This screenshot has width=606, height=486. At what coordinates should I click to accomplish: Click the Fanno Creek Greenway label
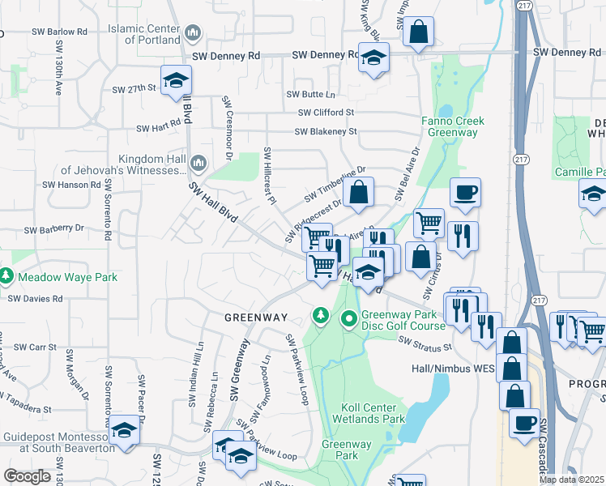point(452,126)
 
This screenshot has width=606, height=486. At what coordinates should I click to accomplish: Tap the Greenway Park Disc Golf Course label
point(403,320)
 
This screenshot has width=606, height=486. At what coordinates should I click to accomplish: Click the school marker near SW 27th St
point(175,80)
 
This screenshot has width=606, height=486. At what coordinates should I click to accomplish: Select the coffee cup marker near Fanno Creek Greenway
point(465,193)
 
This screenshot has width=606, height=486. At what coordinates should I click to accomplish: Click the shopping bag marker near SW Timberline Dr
point(358,193)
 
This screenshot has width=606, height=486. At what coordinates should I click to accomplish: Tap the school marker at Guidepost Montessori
point(124,430)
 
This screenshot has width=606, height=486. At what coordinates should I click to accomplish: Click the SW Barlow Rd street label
point(60,32)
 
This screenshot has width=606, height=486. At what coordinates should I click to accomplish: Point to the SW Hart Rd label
point(158,128)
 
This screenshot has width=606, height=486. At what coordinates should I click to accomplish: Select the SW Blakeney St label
point(326,131)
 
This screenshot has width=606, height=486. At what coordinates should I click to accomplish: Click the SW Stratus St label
point(424,347)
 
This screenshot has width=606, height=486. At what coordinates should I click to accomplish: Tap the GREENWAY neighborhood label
point(256,318)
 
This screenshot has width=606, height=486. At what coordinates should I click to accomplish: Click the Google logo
point(27,475)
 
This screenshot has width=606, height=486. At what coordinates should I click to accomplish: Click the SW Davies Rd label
point(35,298)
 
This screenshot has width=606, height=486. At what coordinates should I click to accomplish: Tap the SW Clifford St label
point(326,113)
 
